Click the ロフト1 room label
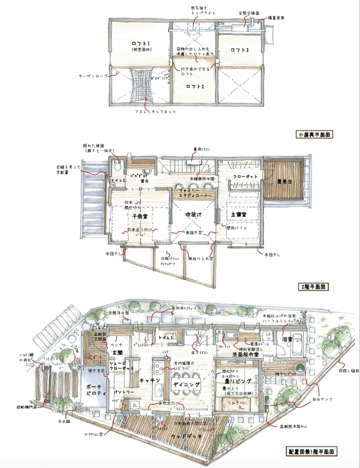click(x=138, y=42)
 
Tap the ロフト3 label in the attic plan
click(x=240, y=50)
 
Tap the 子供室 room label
click(x=138, y=216)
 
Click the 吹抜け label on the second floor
click(x=193, y=215)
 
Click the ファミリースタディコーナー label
click(x=193, y=193)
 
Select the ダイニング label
click(x=186, y=384)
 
